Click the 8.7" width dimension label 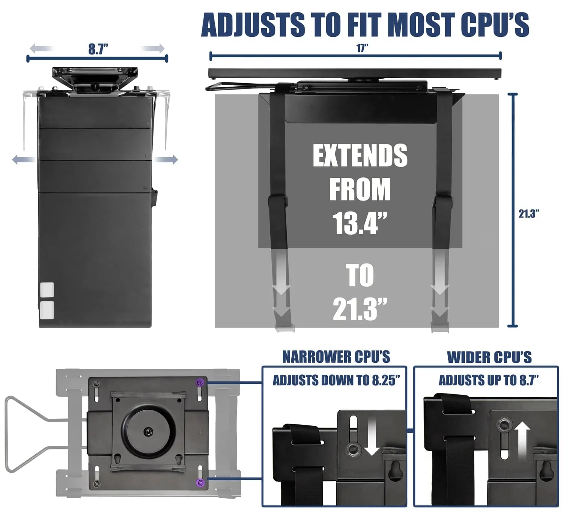coord(98,49)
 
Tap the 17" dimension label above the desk coord(362,48)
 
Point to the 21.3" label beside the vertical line coord(529,214)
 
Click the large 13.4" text coord(360,223)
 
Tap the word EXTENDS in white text coord(360,156)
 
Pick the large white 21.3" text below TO coord(360,309)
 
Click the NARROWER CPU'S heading coord(336,357)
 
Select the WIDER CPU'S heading coord(489,357)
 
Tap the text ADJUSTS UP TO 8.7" coord(489,380)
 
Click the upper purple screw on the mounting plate coord(200,382)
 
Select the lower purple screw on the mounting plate coord(200,482)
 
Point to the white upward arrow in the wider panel coord(522,440)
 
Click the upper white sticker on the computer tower coord(47,289)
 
